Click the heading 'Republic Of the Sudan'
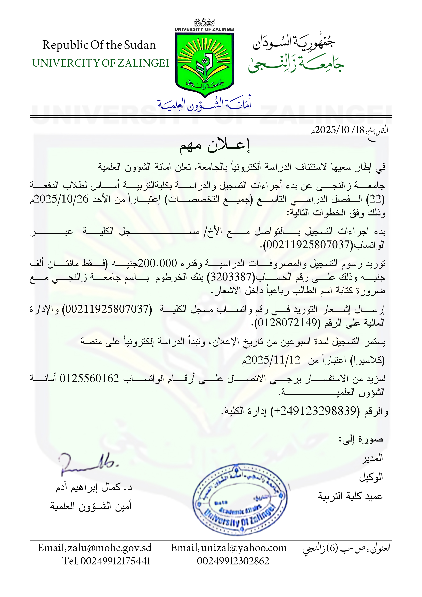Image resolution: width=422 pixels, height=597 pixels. [99, 45]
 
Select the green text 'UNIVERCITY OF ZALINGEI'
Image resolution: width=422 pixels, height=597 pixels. [100, 63]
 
